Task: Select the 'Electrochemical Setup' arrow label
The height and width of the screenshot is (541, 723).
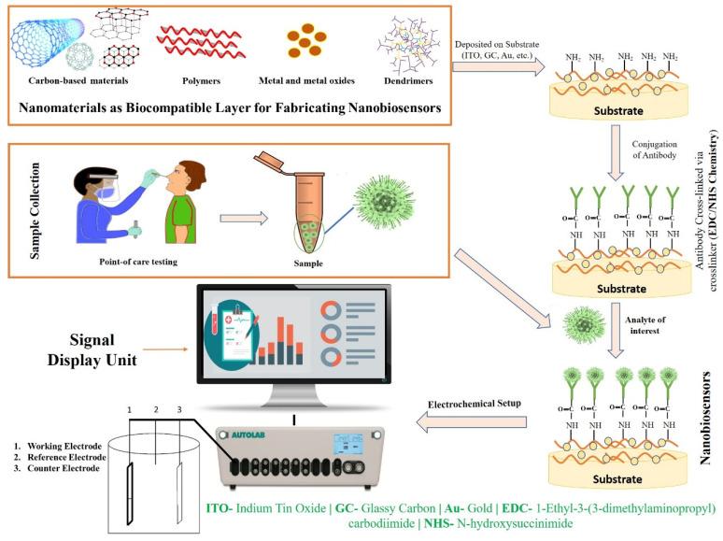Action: coord(474,406)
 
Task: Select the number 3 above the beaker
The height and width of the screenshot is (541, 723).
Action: coord(178,409)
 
